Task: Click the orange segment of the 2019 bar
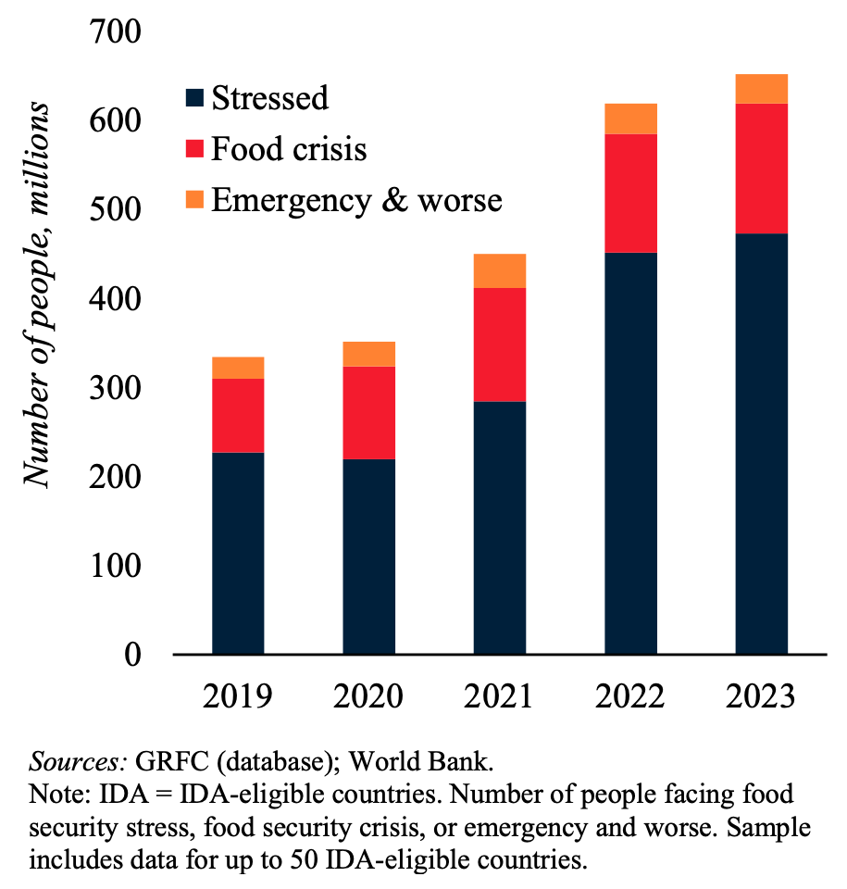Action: pos(238,368)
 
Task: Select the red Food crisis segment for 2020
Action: pos(368,412)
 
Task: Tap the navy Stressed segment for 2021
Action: pos(499,528)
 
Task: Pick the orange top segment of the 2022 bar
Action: pos(630,119)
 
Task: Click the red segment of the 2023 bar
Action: pos(761,169)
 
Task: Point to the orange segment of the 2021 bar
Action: pos(499,270)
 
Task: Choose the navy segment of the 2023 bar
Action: pos(761,444)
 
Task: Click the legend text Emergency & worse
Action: pos(356,199)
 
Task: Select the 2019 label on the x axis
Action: pos(237,695)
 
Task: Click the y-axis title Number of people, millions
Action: pos(37,292)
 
